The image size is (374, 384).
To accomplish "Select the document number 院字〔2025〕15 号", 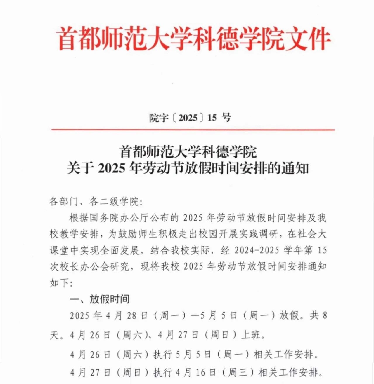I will (x=190, y=118).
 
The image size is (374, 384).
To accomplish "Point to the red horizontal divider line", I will (x=193, y=130).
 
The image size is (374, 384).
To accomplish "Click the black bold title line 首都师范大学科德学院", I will (x=188, y=151).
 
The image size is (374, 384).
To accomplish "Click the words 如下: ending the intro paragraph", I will (x=60, y=283).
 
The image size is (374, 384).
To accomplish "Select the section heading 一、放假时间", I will (x=99, y=299).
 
